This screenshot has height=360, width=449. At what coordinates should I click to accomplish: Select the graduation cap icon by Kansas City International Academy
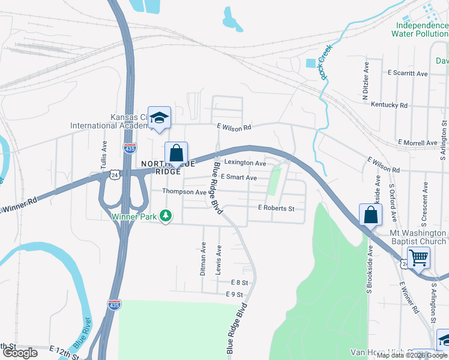[x=159, y=118]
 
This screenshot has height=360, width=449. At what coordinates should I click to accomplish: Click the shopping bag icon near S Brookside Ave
[x=370, y=215]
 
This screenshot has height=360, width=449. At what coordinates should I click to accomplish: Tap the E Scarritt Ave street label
[x=408, y=73]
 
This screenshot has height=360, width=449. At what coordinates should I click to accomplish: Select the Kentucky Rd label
[x=389, y=105]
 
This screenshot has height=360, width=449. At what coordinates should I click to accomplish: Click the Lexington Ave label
[x=245, y=163]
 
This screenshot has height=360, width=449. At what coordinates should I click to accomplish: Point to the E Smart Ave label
[x=239, y=178]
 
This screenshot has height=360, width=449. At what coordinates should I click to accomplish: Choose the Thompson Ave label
[x=184, y=192]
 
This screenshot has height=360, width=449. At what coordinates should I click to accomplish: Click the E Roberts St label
[x=276, y=208]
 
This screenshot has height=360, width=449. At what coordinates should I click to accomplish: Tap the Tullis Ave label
[x=103, y=155]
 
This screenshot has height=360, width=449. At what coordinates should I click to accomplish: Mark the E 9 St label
[x=234, y=294]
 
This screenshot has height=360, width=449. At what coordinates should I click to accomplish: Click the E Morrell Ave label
[x=417, y=143]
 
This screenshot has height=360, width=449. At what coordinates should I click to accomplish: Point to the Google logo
[x=20, y=353]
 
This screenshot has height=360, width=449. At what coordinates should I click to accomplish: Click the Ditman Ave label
[x=203, y=259]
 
